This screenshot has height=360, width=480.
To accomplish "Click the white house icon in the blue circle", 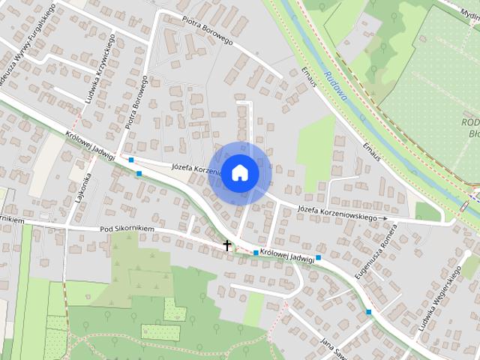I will [240, 172].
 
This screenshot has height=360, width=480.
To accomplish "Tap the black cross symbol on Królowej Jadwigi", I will [227, 245].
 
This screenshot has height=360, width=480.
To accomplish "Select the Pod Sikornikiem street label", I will [127, 228].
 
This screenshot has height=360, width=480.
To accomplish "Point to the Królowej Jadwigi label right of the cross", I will [287, 255].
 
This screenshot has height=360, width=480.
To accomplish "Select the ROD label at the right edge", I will [469, 123].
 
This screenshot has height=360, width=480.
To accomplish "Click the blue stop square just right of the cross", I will [256, 253].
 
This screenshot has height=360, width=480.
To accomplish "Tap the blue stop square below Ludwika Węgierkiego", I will [368, 311].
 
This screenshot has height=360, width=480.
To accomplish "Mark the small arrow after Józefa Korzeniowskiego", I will [384, 218].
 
